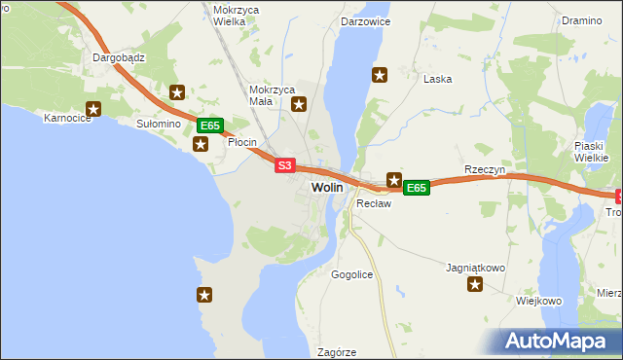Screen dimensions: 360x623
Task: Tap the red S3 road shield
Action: [x=284, y=166]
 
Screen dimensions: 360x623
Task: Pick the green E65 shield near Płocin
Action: [x=211, y=126]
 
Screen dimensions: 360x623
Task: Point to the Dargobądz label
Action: [x=119, y=57]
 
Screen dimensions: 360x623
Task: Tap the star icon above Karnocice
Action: [x=93, y=110]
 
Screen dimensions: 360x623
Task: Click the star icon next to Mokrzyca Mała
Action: [x=299, y=104]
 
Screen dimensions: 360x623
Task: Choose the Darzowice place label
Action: [x=364, y=19]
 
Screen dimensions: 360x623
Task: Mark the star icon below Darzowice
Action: [x=380, y=74]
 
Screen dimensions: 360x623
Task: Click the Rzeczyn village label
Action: [x=484, y=169]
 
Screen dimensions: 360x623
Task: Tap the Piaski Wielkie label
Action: [x=591, y=151]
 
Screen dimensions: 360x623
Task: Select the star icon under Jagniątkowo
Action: [x=475, y=284]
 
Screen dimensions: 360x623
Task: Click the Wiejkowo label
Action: [x=539, y=301]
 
